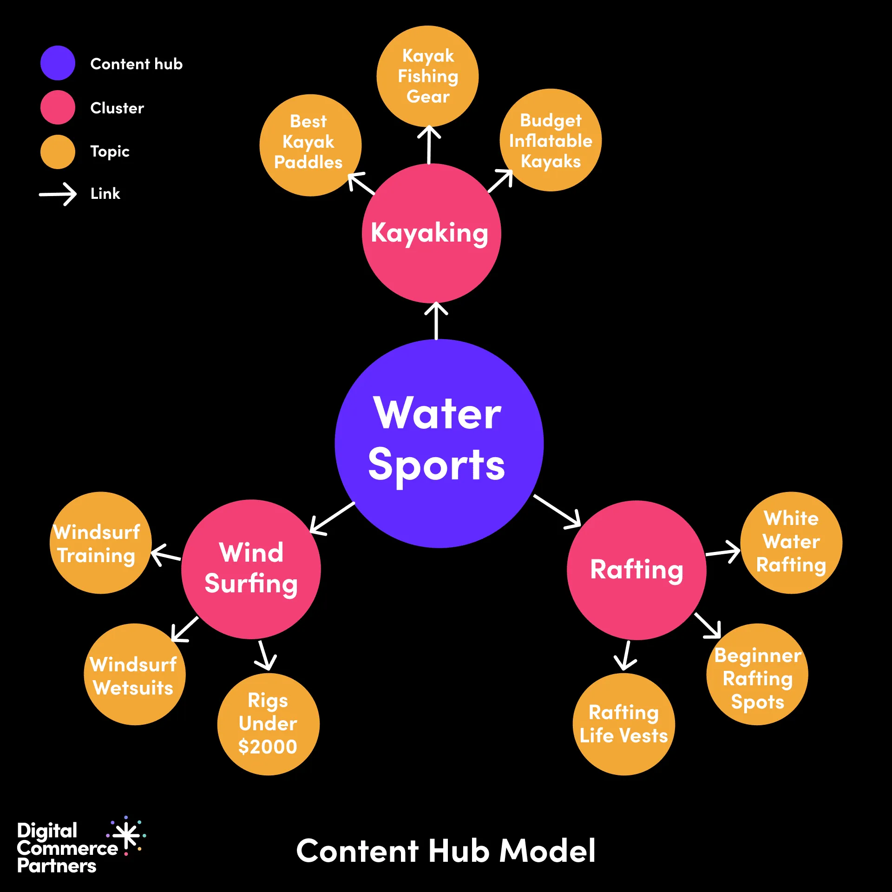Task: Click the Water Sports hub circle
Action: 439,444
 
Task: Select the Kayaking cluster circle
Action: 431,233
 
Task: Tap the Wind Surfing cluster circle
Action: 251,569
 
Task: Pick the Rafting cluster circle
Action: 636,570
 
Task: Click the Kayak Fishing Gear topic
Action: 427,76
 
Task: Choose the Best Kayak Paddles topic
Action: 310,145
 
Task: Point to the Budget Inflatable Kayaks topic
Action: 551,140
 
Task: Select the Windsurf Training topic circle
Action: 100,543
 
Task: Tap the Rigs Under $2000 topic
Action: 268,724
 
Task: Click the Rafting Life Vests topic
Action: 623,724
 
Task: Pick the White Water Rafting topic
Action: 791,543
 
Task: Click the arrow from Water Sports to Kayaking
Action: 436,321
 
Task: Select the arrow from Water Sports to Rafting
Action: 557,511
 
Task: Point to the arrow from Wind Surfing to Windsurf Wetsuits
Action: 184,630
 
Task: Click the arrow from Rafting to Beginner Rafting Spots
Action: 708,626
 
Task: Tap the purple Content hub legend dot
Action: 58,63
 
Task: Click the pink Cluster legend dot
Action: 58,107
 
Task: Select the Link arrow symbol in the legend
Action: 58,194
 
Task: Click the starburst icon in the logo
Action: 127,835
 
